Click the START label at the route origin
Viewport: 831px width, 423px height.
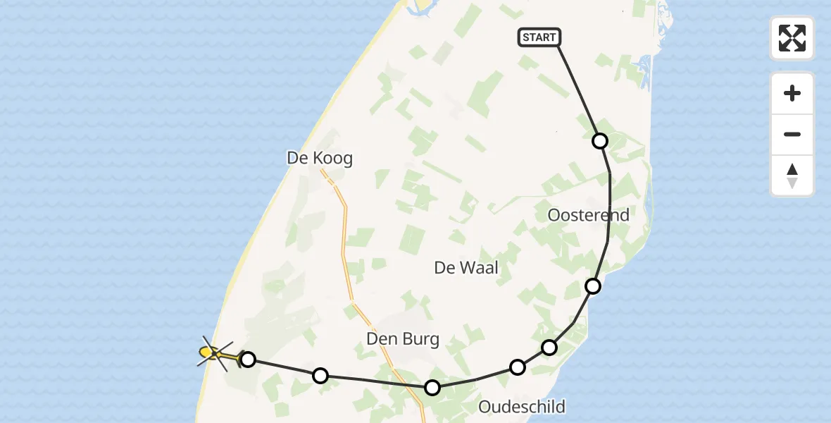click(539, 37)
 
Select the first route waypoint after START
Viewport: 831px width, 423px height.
click(600, 141)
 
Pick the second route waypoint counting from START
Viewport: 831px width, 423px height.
click(593, 286)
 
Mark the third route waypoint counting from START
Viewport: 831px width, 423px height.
click(549, 347)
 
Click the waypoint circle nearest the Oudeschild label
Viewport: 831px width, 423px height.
click(518, 367)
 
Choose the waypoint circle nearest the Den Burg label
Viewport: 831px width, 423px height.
click(432, 387)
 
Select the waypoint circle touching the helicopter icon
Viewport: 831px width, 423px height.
click(248, 360)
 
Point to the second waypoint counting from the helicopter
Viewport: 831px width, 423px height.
click(320, 375)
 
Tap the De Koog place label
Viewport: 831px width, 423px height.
click(320, 158)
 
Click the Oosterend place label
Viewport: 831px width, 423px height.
click(589, 215)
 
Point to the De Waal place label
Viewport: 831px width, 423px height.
click(466, 268)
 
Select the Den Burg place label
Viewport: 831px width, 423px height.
click(403, 340)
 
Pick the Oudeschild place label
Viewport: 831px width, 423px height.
click(522, 406)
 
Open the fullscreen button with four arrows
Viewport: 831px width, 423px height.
click(792, 38)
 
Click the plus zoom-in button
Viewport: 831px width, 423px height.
click(792, 93)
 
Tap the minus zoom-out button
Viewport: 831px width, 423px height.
click(792, 135)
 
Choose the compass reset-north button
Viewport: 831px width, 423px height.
click(792, 176)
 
